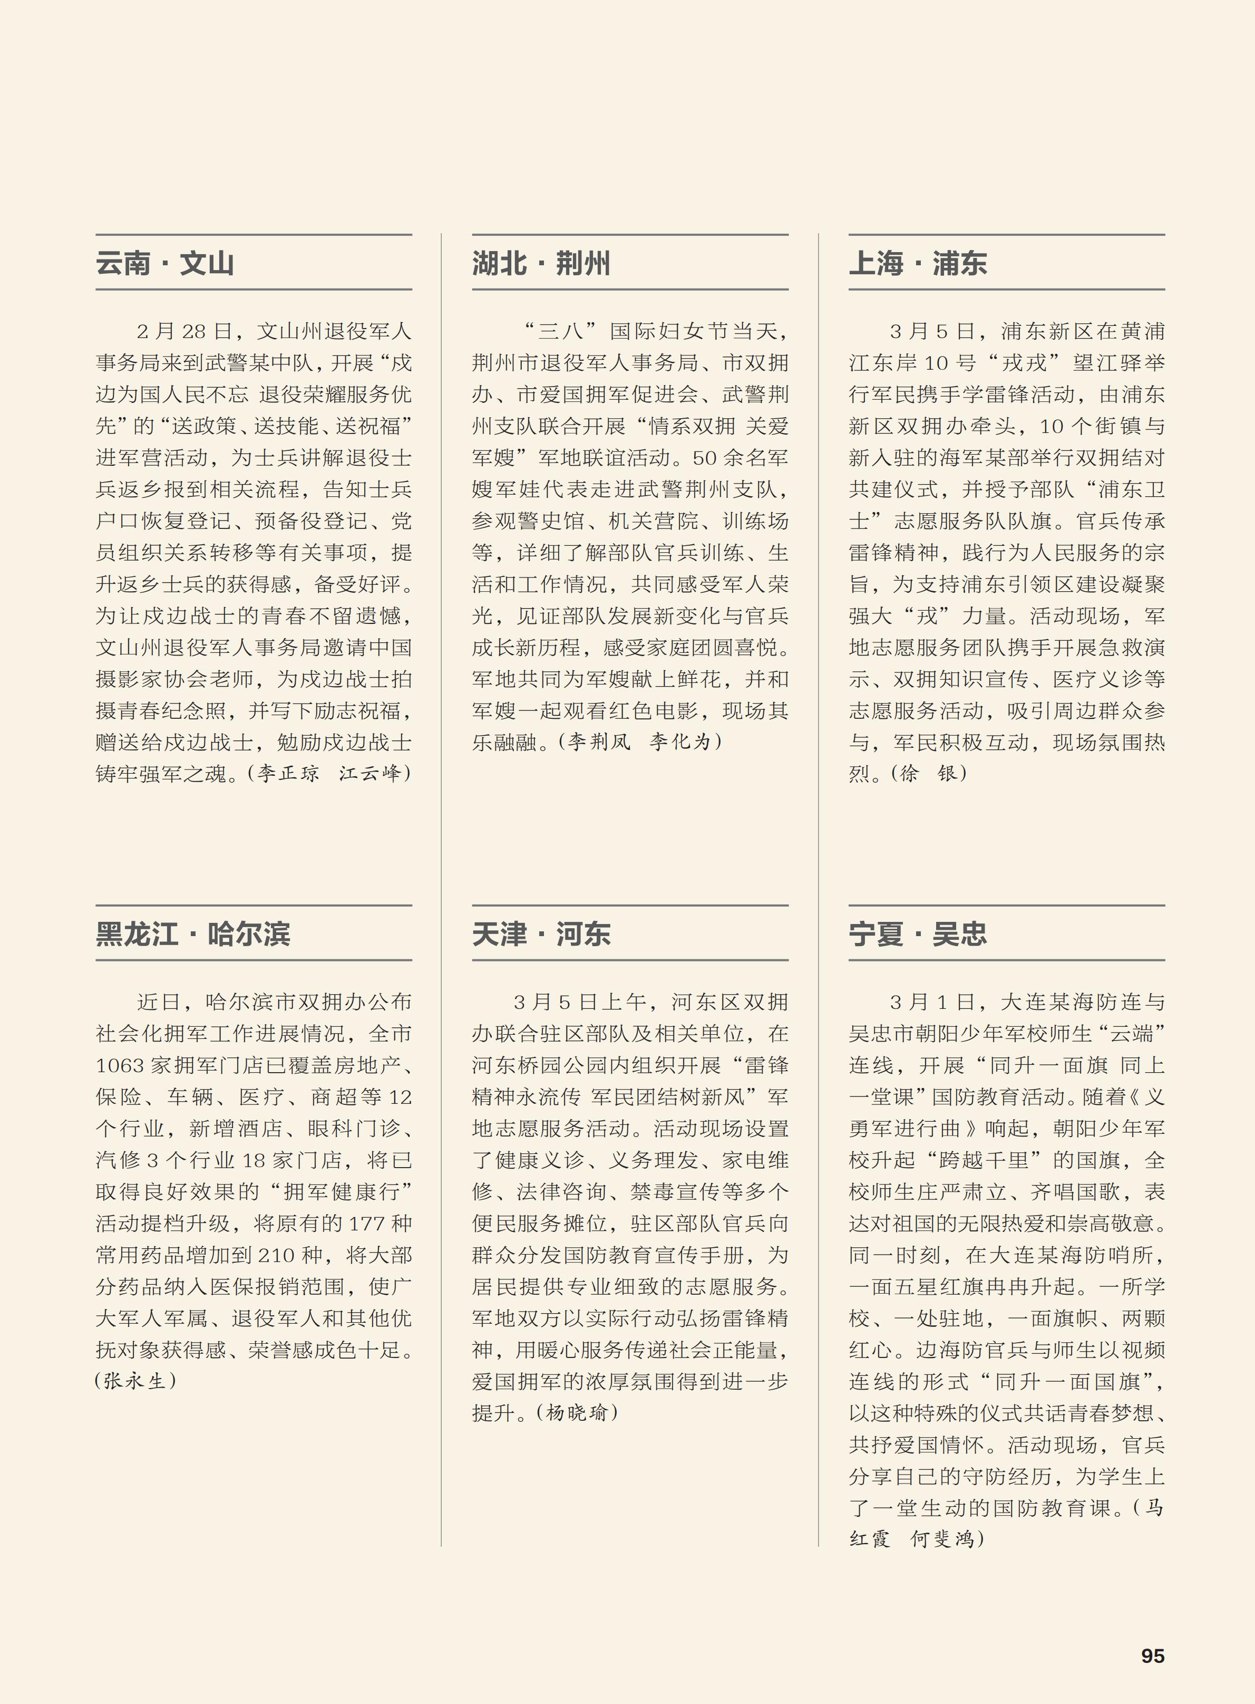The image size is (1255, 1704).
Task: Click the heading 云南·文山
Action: point(165,263)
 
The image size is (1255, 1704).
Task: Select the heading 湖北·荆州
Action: point(541,263)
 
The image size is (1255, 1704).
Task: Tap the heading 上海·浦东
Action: point(918,263)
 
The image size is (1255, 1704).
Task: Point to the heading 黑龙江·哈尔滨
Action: point(193,933)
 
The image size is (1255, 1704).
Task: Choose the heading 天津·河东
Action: point(541,933)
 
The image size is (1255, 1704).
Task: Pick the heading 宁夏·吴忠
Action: point(918,933)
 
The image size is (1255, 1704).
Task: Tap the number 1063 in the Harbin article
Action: point(121,1065)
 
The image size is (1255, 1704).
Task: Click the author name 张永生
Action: point(135,1381)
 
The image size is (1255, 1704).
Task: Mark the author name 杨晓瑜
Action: point(577,1413)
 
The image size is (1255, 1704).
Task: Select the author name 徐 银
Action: point(928,774)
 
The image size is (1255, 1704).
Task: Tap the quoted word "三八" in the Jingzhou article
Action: point(560,331)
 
